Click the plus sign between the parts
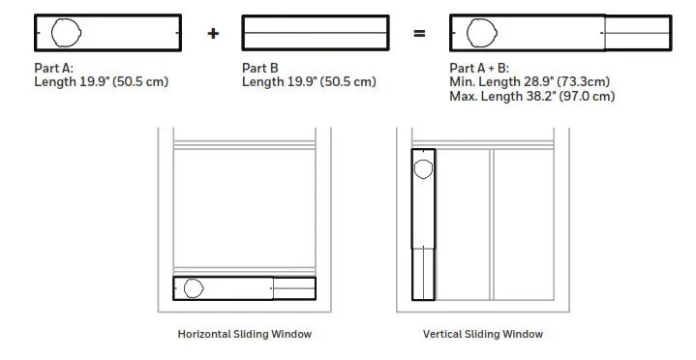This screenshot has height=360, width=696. point(213,34)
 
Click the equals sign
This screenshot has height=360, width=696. point(419,34)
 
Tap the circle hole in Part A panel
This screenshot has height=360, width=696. point(67,34)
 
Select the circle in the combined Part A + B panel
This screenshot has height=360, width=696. point(481,34)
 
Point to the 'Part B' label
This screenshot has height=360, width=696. point(259,68)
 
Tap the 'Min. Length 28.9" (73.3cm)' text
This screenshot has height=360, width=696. point(528,82)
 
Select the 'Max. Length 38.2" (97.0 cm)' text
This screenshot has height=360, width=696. point(532,96)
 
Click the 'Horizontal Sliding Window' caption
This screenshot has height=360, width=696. point(245,334)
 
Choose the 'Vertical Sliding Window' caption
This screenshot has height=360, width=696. point(483,334)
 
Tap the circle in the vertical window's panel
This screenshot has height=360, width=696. point(424,170)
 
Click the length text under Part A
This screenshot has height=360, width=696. point(102,82)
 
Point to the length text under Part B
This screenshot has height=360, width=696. point(309,82)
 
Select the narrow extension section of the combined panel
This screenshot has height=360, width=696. point(636,34)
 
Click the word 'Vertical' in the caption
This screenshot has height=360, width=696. point(443,334)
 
